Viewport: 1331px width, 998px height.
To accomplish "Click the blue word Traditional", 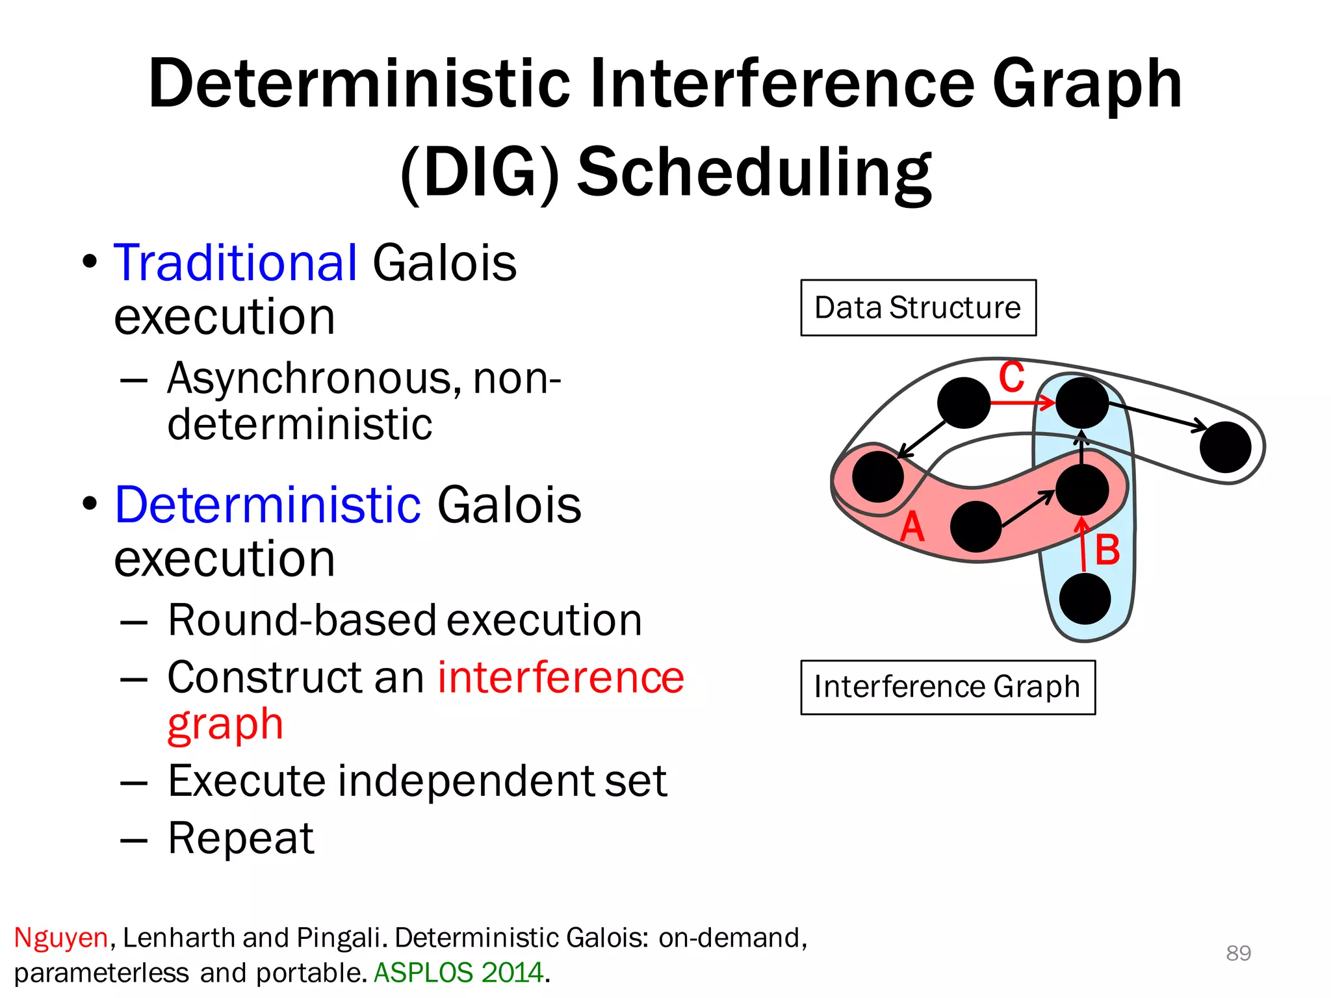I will pyautogui.click(x=235, y=262).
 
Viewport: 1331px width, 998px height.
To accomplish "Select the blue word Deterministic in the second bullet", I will pyautogui.click(x=268, y=505).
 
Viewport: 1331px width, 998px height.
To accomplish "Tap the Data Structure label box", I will pyautogui.click(x=918, y=308).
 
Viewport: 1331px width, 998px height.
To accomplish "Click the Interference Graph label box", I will pyautogui.click(x=948, y=687).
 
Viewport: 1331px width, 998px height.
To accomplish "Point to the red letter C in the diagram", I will pyautogui.click(x=1011, y=377).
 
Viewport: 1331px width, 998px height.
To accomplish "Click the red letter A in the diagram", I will pyautogui.click(x=912, y=526).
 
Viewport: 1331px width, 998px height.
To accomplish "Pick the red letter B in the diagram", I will pyautogui.click(x=1107, y=550).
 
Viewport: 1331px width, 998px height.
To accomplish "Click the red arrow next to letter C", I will pyautogui.click(x=1022, y=403).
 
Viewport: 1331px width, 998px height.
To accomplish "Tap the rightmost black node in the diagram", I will pyautogui.click(x=1225, y=447).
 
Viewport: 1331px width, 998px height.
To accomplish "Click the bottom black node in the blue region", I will pyautogui.click(x=1085, y=598).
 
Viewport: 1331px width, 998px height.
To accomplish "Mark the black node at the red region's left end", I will pyautogui.click(x=878, y=476).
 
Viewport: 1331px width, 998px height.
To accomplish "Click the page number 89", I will pyautogui.click(x=1238, y=953).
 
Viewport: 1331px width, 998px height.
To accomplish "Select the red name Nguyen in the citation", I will pyautogui.click(x=61, y=938).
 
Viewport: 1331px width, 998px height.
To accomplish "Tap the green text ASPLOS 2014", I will pyautogui.click(x=459, y=973).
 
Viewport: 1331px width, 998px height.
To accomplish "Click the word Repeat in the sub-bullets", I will pyautogui.click(x=241, y=838).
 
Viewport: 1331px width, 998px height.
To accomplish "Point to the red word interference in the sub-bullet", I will pyautogui.click(x=561, y=677).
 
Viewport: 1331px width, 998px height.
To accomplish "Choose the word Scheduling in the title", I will pyautogui.click(x=755, y=172).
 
